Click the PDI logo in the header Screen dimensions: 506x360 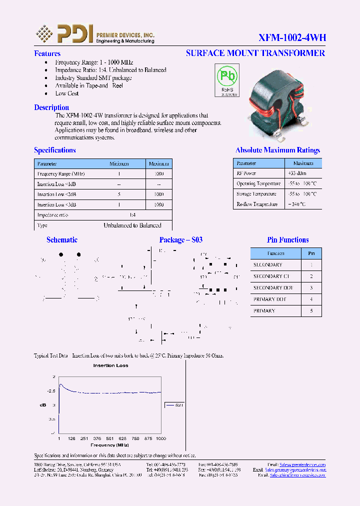point(64,33)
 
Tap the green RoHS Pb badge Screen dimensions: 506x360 point(226,79)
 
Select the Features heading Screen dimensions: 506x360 point(47,53)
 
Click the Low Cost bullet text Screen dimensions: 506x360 point(67,93)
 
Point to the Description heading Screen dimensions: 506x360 point(51,107)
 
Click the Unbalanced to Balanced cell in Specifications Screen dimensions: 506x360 point(132,225)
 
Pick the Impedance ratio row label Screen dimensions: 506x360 point(52,215)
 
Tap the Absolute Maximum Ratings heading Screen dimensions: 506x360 point(277,150)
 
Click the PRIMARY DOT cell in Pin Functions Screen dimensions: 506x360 point(270,299)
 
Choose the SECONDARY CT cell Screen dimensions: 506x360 point(271,276)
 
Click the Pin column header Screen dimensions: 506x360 point(311,253)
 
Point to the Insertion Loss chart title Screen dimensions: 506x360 point(110,365)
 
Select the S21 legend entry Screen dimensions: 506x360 point(174,405)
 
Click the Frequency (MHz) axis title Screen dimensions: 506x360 point(109,445)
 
